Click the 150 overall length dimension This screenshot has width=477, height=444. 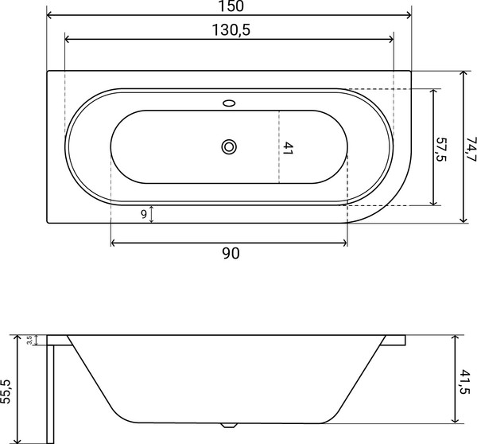(x=229, y=6)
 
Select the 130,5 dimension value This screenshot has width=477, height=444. (x=229, y=29)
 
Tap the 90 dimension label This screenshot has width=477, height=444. (x=230, y=254)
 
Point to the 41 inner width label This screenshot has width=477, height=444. (x=289, y=147)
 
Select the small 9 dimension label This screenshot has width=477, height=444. (x=142, y=213)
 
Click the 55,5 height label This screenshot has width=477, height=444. (x=7, y=389)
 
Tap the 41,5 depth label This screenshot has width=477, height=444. (x=465, y=379)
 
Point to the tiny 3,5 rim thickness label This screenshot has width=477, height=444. (x=29, y=340)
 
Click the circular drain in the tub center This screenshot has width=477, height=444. (x=230, y=146)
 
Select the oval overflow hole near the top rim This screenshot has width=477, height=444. (x=230, y=103)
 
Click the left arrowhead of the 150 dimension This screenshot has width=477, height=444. (x=50, y=15)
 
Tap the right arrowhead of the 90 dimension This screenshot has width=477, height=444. (x=344, y=242)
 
